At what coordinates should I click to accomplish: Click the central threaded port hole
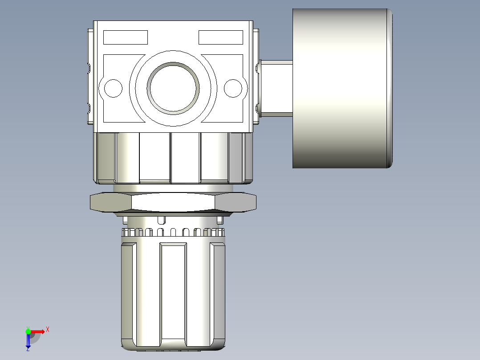[x=174, y=87]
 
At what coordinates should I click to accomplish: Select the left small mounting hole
[x=113, y=88]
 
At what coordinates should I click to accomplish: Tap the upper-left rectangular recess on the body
[x=125, y=37]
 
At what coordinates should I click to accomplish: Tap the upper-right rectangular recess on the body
[x=220, y=37]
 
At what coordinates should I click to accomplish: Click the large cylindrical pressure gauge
[x=339, y=88]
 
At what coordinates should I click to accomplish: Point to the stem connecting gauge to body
[x=276, y=89]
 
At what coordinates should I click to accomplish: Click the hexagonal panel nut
[x=173, y=202]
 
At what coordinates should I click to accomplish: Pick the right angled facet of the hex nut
[x=236, y=202]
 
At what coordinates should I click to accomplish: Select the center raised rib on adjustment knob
[x=173, y=294]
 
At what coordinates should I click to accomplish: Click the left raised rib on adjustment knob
[x=129, y=294]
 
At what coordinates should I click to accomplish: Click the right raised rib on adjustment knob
[x=218, y=294]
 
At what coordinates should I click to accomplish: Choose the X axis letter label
[x=48, y=330]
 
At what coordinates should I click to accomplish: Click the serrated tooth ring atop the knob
[x=173, y=232]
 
